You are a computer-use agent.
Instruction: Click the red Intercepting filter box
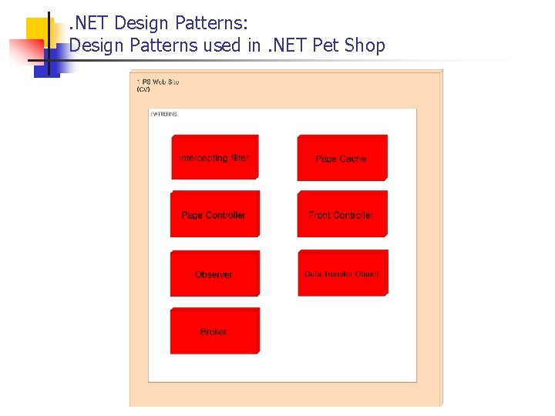click(x=214, y=157)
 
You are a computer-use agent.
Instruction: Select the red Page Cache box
click(x=341, y=158)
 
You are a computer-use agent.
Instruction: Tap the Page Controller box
click(x=214, y=214)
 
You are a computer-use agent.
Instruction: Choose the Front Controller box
click(x=341, y=214)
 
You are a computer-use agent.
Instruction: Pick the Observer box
click(x=214, y=273)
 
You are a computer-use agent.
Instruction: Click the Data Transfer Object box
click(x=341, y=273)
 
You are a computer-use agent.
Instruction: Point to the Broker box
click(x=214, y=331)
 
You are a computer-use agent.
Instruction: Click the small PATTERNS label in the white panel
click(x=164, y=114)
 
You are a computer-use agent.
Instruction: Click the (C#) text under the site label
click(x=143, y=89)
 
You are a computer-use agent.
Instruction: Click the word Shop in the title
click(x=365, y=45)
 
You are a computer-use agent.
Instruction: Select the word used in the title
click(x=222, y=45)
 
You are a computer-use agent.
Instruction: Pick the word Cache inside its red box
click(x=353, y=159)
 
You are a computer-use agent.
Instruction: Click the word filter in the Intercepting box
click(x=239, y=158)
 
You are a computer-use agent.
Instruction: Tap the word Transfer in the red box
click(x=340, y=274)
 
